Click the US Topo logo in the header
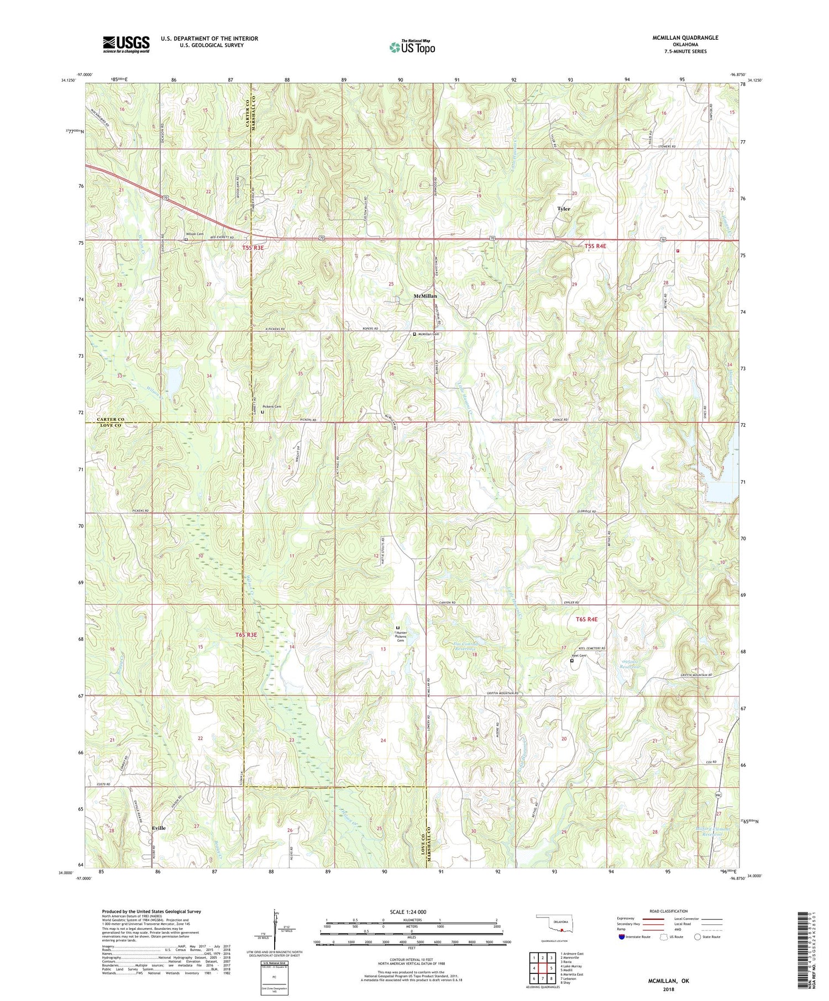pos(411,47)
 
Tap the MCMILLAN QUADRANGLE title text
pos(684,38)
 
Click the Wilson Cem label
pos(196,234)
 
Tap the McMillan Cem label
pos(428,334)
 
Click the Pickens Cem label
pos(271,406)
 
